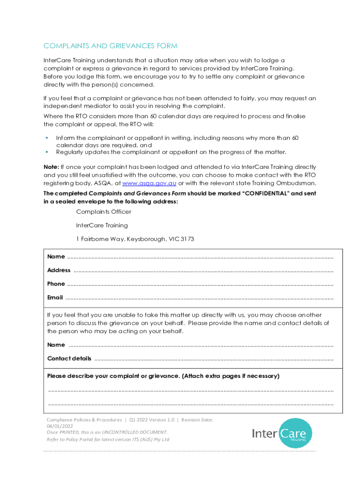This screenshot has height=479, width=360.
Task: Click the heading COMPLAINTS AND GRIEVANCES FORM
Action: coord(110,46)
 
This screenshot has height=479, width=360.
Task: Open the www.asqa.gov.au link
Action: coord(149,182)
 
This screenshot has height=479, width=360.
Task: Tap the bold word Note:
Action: coord(51,167)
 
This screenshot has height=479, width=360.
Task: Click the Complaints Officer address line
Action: coord(104,212)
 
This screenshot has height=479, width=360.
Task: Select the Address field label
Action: coord(59,270)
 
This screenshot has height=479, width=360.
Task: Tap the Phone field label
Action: coord(56,284)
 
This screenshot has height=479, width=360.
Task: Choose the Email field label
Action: coord(55,298)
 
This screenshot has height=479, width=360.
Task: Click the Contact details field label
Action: coord(69,359)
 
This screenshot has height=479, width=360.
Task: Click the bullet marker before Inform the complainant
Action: coord(47,138)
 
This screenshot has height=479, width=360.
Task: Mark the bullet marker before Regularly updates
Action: coord(47,152)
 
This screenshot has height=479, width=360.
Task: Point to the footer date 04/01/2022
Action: coord(60,427)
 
